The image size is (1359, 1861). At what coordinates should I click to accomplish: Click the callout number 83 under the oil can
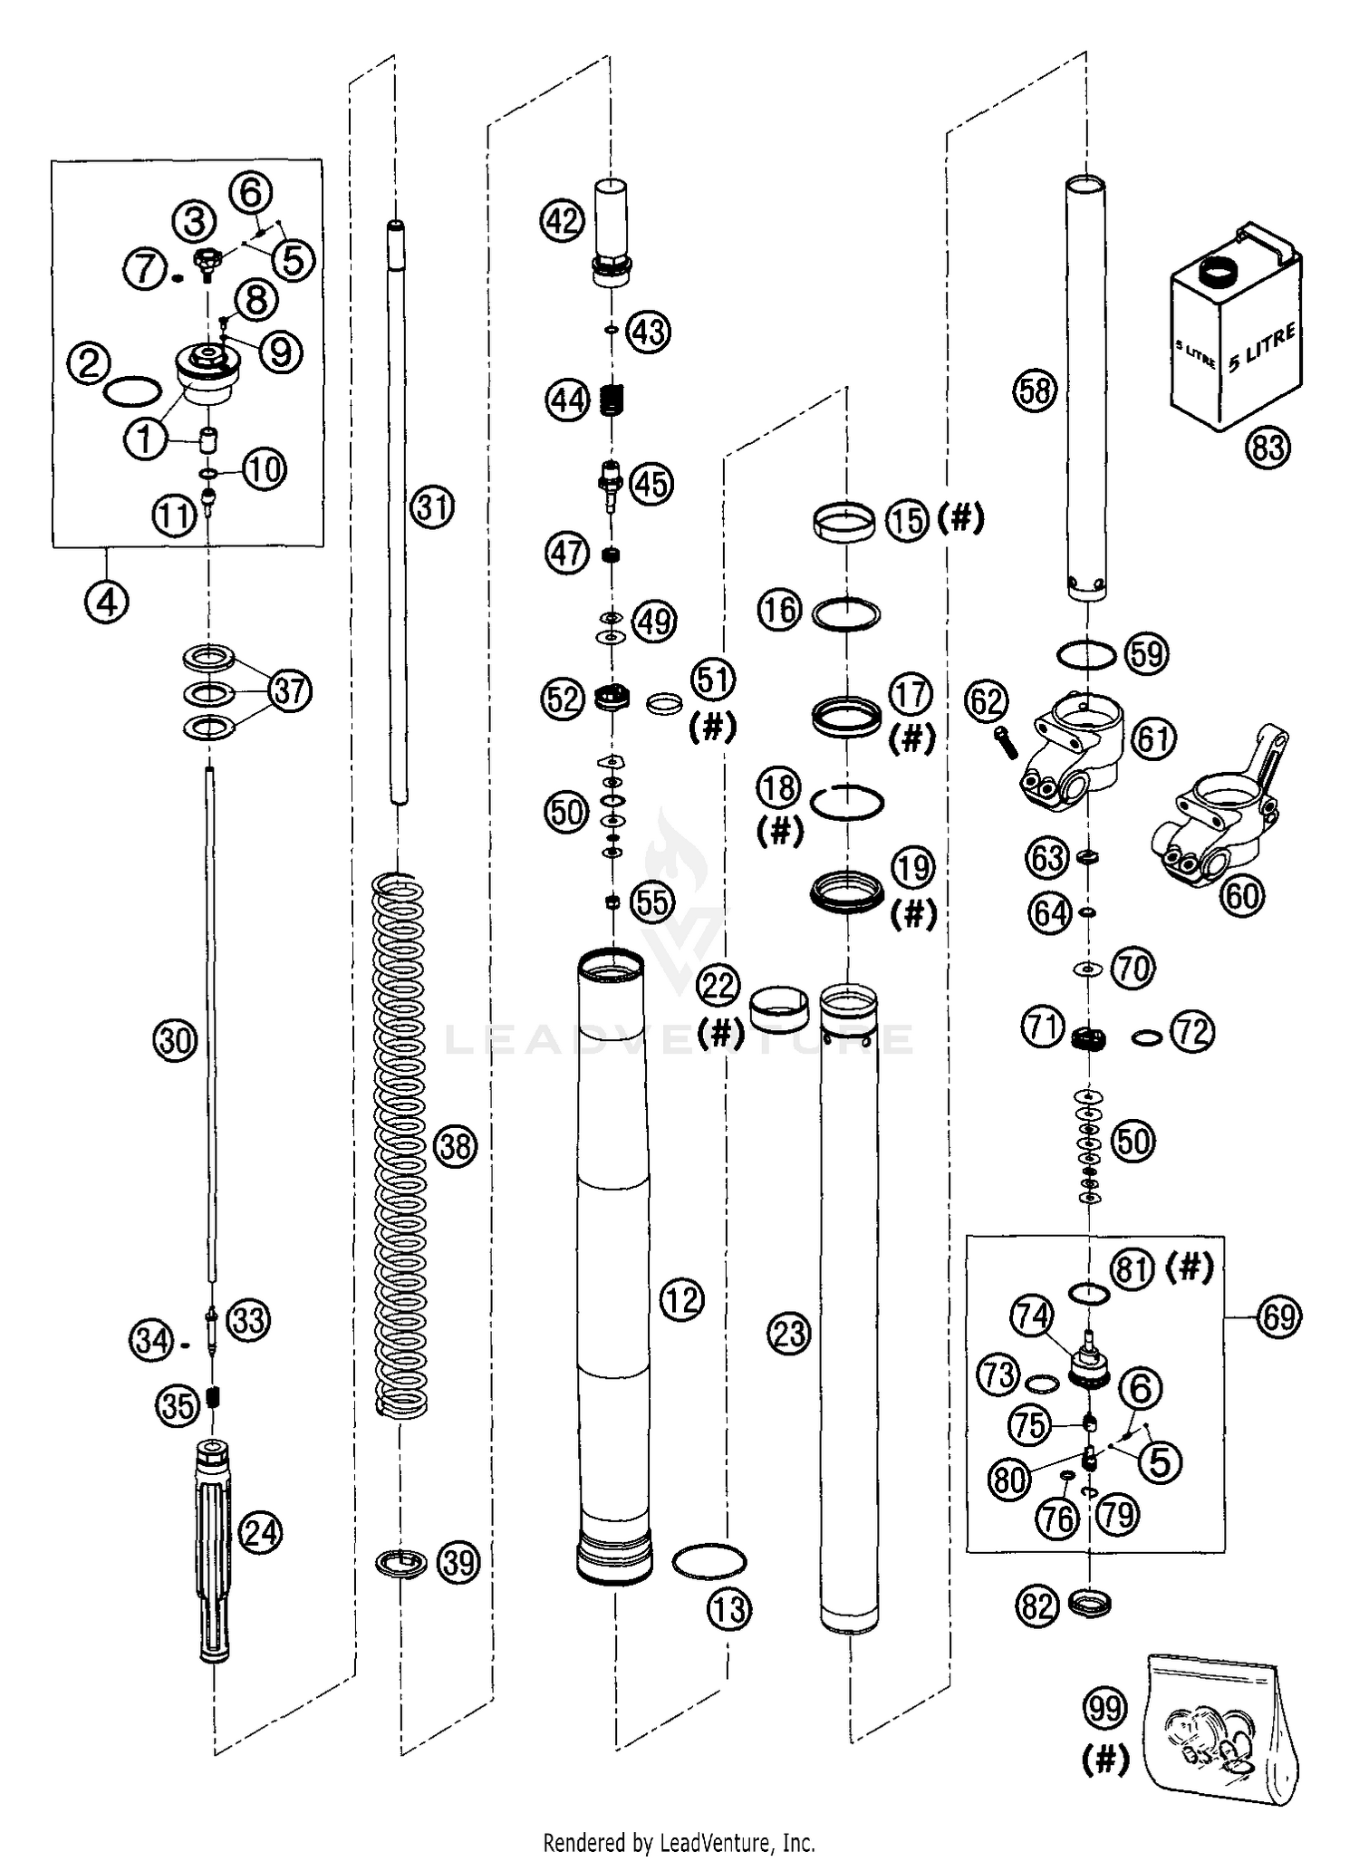click(1267, 448)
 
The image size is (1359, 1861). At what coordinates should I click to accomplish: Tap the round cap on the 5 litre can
click(1217, 270)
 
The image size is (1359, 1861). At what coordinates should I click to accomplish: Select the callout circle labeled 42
click(562, 220)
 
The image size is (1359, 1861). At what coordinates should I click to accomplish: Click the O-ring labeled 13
click(708, 1561)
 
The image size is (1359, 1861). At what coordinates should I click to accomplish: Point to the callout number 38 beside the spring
click(456, 1147)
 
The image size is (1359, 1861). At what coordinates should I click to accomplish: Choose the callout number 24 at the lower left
click(261, 1533)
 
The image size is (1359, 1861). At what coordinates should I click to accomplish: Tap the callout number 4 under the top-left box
click(107, 602)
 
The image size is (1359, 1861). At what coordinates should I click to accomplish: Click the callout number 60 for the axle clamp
click(1242, 895)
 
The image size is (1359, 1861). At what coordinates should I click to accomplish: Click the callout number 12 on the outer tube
click(681, 1300)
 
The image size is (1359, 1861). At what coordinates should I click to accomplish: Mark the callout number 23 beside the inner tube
click(789, 1334)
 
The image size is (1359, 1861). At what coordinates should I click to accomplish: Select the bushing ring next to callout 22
click(779, 1009)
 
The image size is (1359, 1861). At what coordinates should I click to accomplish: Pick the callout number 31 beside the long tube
click(431, 507)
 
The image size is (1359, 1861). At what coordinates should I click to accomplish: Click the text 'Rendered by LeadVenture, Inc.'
click(679, 1842)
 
